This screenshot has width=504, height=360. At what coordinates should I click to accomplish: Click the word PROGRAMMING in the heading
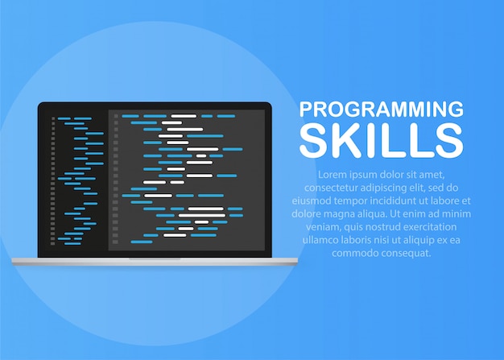click(381, 110)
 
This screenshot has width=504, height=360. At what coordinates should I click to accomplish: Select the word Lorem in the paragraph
click(333, 175)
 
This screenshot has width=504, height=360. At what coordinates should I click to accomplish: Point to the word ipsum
click(367, 175)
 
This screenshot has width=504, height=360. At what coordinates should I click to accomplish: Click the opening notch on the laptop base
click(155, 259)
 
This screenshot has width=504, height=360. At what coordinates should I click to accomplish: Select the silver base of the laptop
click(81, 261)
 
